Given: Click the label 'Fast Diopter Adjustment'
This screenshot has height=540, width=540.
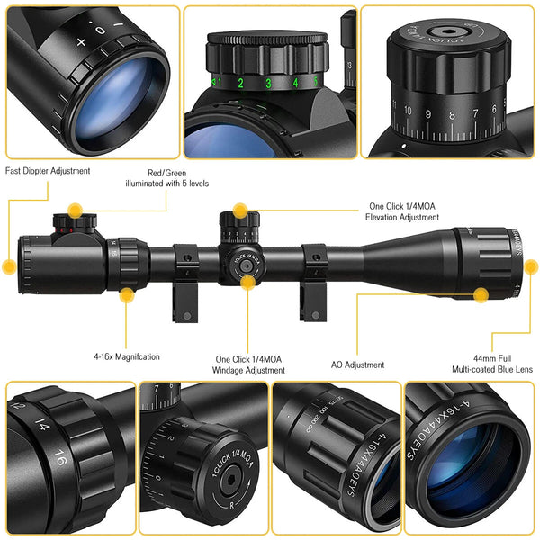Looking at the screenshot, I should click(x=48, y=169).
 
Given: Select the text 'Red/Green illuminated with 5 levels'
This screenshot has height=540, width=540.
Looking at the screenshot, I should click(x=166, y=177).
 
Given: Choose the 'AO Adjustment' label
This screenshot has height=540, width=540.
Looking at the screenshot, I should click(x=357, y=364).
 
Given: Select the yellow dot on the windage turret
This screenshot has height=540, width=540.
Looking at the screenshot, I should click(x=247, y=281).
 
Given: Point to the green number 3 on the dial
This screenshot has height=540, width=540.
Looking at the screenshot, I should click(x=267, y=84).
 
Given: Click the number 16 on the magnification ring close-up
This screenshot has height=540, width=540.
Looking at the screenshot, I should click(x=59, y=454).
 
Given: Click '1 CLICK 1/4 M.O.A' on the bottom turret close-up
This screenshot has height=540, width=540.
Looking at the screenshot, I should click(x=220, y=454).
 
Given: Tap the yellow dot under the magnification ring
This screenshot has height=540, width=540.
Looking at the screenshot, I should click(x=127, y=294).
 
